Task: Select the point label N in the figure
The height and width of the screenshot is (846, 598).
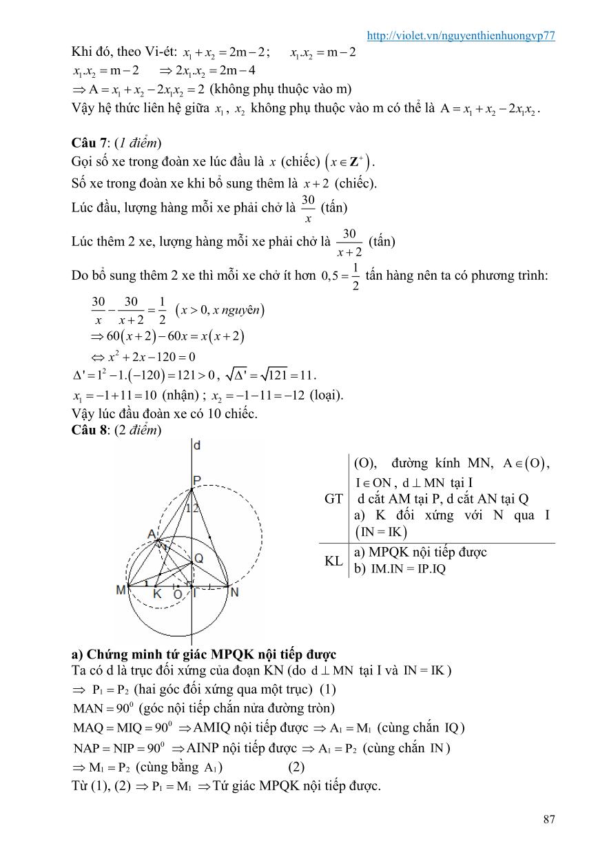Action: coord(234,590)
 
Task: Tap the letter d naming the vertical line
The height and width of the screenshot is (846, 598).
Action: coord(197,446)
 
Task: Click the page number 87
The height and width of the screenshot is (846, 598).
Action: coord(549,819)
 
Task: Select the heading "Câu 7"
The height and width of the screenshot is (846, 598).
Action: coord(87,143)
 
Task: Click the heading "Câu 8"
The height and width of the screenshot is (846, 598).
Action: coord(87,430)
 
